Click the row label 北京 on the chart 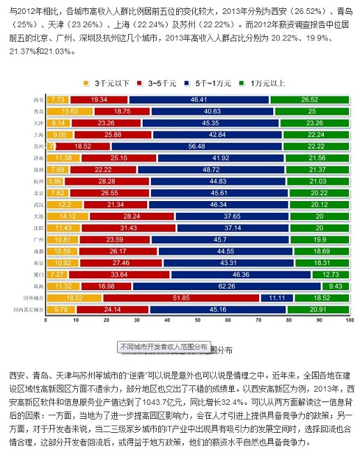click(x=38, y=193)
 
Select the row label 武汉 click(x=38, y=205)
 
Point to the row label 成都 click(x=38, y=251)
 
